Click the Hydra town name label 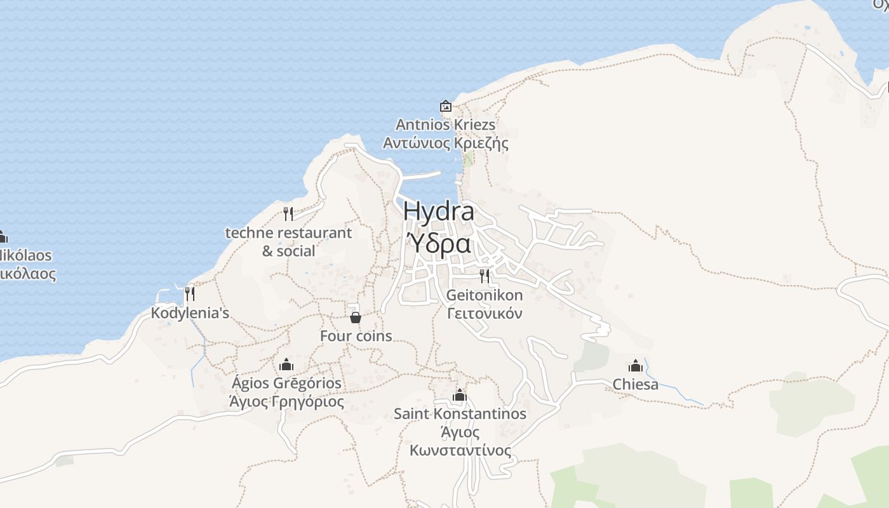pos(438,211)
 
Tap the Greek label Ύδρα pos(438,243)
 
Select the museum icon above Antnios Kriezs pos(446,106)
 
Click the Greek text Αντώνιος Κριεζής pos(446,143)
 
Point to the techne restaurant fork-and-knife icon pos(288,213)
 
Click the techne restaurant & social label pos(288,241)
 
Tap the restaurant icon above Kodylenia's pos(189,294)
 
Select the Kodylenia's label pos(190,313)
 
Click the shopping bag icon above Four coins pos(356,317)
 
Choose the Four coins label pos(356,336)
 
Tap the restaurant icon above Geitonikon pos(485,276)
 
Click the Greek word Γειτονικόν pos(485,313)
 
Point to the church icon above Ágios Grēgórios pos(286,364)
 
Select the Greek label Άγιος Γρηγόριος pos(286,402)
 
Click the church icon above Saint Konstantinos pos(460,395)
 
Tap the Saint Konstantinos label pos(460,413)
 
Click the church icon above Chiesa pos(636,366)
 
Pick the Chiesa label pos(636,384)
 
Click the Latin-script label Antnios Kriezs pos(446,124)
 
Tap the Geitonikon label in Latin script pos(485,295)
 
